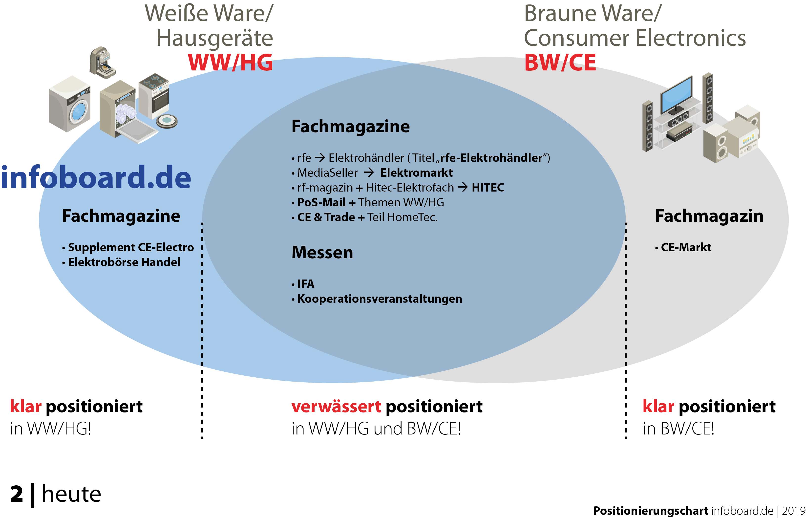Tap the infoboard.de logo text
pos(96,177)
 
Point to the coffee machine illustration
pos(102,63)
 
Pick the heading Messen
pos(322,252)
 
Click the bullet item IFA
pos(306,284)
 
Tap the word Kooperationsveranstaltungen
pos(380,299)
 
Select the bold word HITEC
pos(488,188)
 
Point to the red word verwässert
pos(336,407)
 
